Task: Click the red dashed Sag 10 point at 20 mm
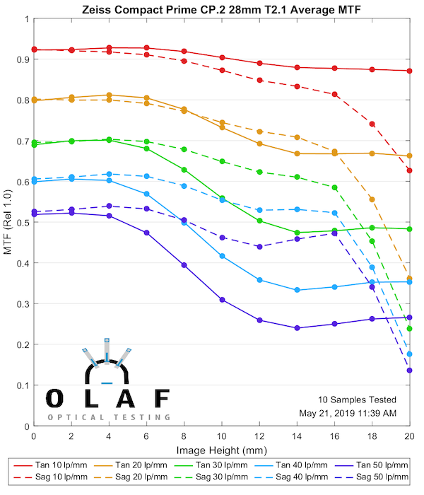pos(410,170)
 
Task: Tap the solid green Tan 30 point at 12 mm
pos(259,221)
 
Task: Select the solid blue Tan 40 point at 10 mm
pos(222,256)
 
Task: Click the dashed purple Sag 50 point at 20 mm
pos(410,371)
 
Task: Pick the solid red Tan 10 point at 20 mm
pos(410,71)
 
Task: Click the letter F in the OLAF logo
pos(161,399)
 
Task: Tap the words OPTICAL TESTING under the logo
pos(109,417)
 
